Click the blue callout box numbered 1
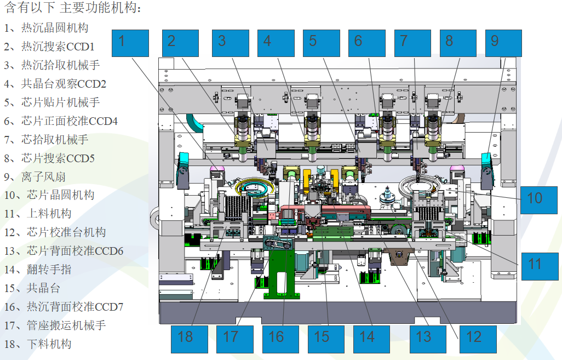click(x=130, y=43)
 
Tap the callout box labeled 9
click(x=503, y=43)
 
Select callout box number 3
click(x=231, y=43)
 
